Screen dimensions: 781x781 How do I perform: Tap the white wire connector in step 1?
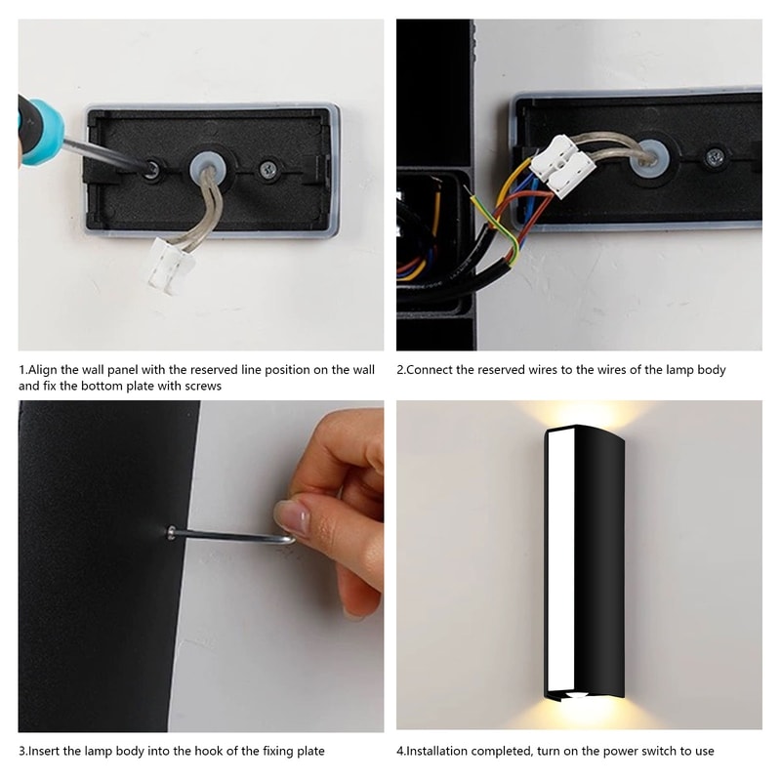[x=171, y=267]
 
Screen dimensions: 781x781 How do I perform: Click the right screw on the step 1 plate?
[x=268, y=169]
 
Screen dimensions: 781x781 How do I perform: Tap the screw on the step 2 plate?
[x=716, y=156]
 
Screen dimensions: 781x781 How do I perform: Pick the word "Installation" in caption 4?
[x=440, y=751]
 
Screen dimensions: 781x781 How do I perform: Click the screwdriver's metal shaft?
[x=107, y=154]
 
